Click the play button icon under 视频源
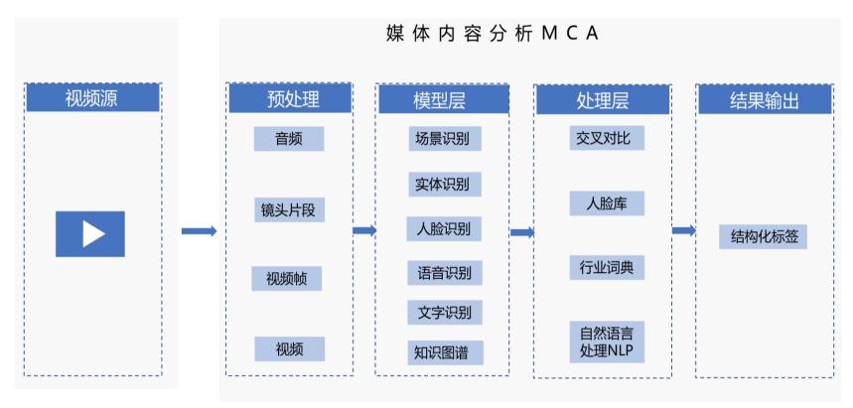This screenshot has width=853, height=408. [90, 233]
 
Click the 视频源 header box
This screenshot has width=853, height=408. [92, 98]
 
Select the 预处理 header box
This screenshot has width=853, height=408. [290, 99]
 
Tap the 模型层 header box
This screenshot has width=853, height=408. [441, 99]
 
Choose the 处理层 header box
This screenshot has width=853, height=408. [602, 99]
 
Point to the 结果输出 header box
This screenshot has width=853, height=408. [763, 99]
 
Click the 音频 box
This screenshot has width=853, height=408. [289, 139]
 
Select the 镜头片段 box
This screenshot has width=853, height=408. [289, 210]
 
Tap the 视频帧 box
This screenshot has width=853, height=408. [287, 278]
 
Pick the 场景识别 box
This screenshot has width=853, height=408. [444, 139]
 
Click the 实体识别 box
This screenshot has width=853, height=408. [444, 185]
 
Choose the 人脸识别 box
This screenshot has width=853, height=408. [444, 229]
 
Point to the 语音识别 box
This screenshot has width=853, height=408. [444, 272]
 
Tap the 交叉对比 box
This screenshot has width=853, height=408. [603, 139]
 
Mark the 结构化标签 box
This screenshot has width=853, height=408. [764, 236]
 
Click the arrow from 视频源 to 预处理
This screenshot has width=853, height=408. [199, 231]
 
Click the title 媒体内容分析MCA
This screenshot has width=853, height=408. [493, 34]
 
